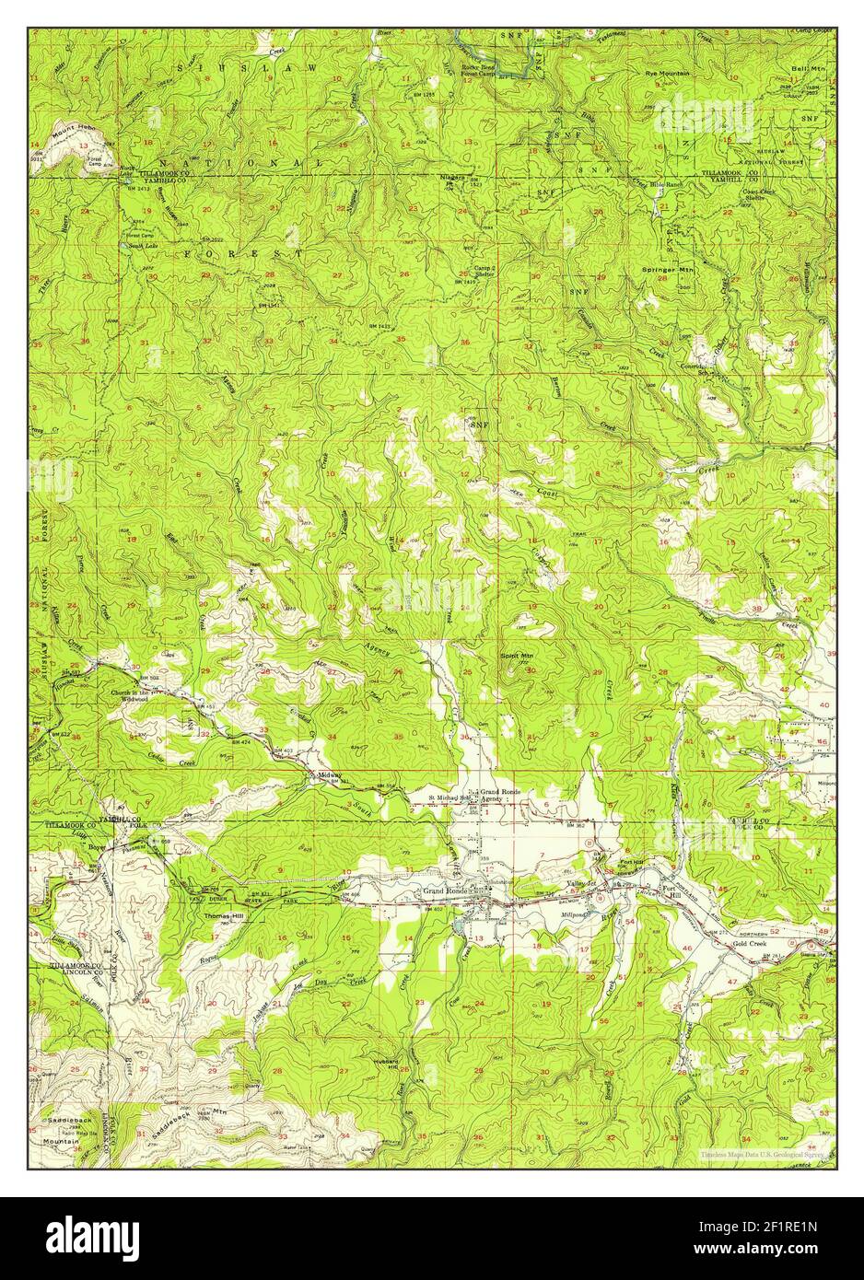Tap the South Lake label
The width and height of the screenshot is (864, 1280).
tap(139, 246)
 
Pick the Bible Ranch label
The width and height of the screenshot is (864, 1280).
tap(668, 184)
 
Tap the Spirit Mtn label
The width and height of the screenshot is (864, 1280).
tap(517, 656)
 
